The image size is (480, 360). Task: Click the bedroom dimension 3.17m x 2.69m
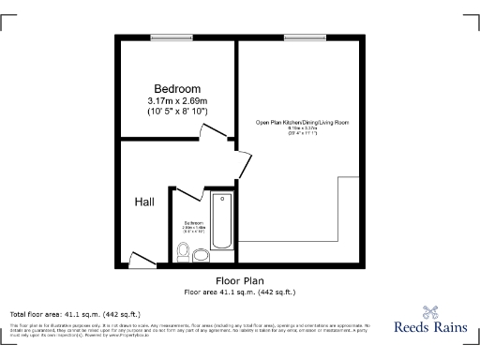(x=177, y=101)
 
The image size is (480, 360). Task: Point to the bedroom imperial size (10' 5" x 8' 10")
(x=177, y=112)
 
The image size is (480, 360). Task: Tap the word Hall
(x=144, y=202)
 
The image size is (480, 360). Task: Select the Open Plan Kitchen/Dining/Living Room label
(x=296, y=123)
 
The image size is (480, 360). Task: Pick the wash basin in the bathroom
(x=183, y=251)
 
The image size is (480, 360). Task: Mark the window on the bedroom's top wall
(x=170, y=37)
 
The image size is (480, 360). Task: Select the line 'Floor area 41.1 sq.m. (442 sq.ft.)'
(x=240, y=292)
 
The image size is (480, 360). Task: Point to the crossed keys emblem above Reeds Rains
(x=429, y=312)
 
